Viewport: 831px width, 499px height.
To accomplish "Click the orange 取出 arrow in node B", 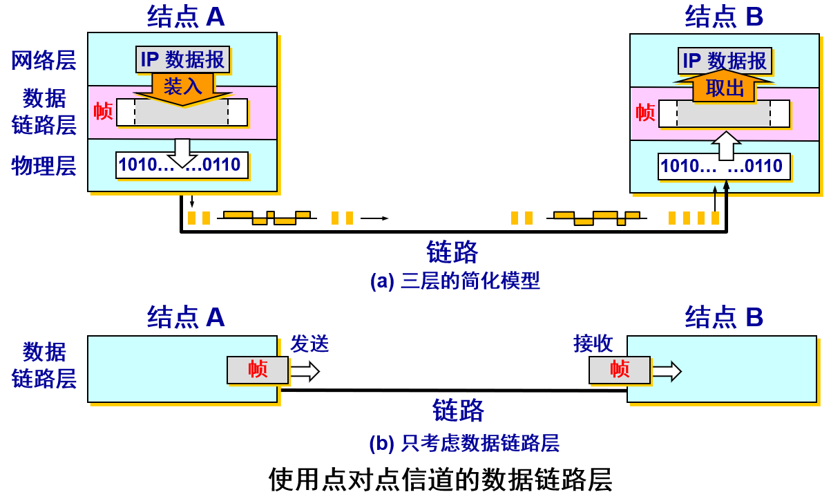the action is [724, 87].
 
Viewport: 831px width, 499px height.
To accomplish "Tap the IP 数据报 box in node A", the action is [182, 59].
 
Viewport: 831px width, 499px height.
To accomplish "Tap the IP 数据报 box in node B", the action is [725, 61].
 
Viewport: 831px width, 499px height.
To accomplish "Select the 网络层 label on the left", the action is [44, 60].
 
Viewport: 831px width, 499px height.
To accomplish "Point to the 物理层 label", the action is [44, 166].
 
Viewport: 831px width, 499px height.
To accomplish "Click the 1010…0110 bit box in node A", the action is [182, 165].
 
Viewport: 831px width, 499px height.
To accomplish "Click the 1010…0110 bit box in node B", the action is [724, 167].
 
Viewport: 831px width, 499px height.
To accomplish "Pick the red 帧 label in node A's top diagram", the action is [103, 111].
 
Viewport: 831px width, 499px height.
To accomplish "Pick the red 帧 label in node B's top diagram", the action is [645, 112].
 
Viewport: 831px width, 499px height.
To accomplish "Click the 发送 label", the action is [309, 343].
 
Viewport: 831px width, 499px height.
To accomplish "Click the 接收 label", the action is [593, 343].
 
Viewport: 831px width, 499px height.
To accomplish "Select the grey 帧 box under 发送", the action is [258, 370].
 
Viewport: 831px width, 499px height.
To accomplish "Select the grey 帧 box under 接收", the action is [620, 370].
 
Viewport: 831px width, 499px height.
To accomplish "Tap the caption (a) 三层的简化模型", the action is [455, 281].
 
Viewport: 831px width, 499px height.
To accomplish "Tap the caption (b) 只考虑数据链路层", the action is [464, 443].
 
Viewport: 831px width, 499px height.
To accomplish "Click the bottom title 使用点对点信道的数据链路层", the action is [440, 480].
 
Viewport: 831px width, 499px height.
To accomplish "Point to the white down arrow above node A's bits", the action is [182, 153].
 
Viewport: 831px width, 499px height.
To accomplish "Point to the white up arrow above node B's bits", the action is [727, 146].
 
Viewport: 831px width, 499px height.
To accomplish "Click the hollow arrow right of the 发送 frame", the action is [305, 371].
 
